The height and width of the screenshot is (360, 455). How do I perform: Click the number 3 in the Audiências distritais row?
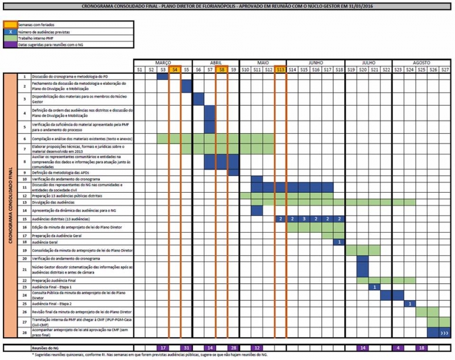[304, 219]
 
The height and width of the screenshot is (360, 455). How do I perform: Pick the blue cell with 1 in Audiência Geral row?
[339, 242]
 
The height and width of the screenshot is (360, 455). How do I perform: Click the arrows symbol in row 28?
[444, 332]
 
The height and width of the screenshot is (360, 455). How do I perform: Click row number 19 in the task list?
[24, 250]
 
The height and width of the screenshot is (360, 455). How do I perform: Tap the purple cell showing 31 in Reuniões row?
[187, 347]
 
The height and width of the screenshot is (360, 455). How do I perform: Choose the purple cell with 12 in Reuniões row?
[257, 347]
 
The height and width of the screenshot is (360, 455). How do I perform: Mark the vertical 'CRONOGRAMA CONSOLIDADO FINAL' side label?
[10, 205]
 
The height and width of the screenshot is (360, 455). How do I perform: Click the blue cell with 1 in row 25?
[409, 304]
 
